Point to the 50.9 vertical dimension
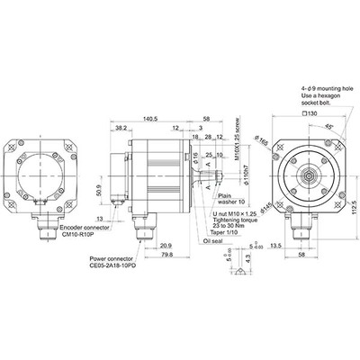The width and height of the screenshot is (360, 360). click(x=97, y=191)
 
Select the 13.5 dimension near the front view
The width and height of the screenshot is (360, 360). click(x=276, y=244)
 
